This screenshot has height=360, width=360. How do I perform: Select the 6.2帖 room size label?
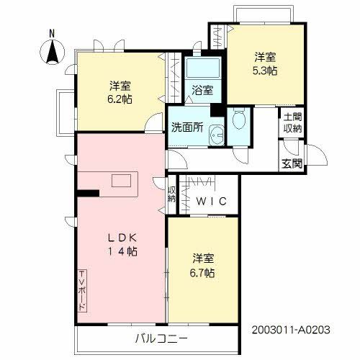point(120,98)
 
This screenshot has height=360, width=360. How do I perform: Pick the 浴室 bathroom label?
point(202,91)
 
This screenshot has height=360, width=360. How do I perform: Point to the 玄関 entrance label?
point(291,163)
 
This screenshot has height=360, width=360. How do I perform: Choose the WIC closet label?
point(212,202)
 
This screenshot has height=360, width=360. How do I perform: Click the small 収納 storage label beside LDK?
point(172,196)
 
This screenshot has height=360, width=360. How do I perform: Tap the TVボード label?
point(82,290)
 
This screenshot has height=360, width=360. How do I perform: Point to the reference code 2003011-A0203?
point(290,329)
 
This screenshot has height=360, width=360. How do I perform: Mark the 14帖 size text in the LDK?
point(120,251)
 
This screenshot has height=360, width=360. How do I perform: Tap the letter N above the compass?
point(52,33)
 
